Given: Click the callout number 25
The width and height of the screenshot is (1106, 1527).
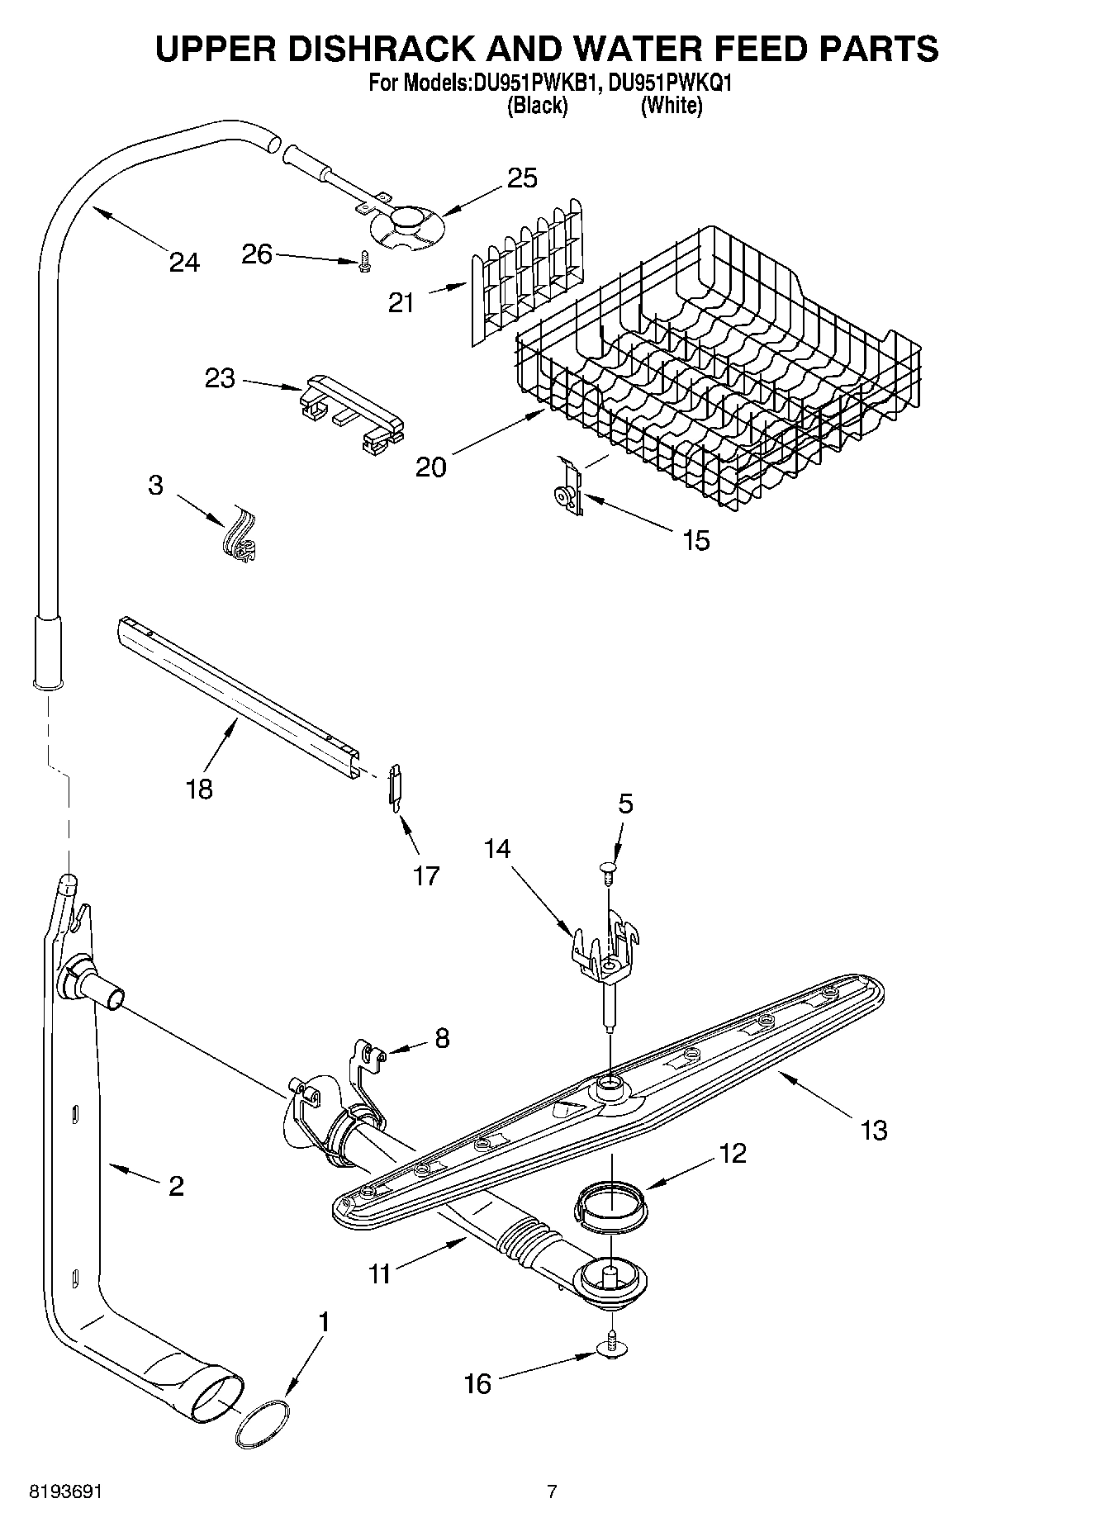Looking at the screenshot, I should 522,178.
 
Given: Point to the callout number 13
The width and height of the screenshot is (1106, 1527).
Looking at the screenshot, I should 873,1129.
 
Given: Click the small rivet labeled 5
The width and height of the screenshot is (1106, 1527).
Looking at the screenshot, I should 608,870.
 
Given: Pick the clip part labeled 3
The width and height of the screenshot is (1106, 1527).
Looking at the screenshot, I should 240,539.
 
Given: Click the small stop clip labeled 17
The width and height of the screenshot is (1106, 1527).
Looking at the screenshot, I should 396,784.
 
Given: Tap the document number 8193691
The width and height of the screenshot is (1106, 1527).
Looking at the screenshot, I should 65,1491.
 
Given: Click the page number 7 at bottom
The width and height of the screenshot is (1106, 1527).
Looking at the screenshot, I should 552,1491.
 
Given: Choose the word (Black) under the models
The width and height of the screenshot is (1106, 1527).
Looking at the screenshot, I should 538,106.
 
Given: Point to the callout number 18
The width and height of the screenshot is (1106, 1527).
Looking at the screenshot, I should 200,789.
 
